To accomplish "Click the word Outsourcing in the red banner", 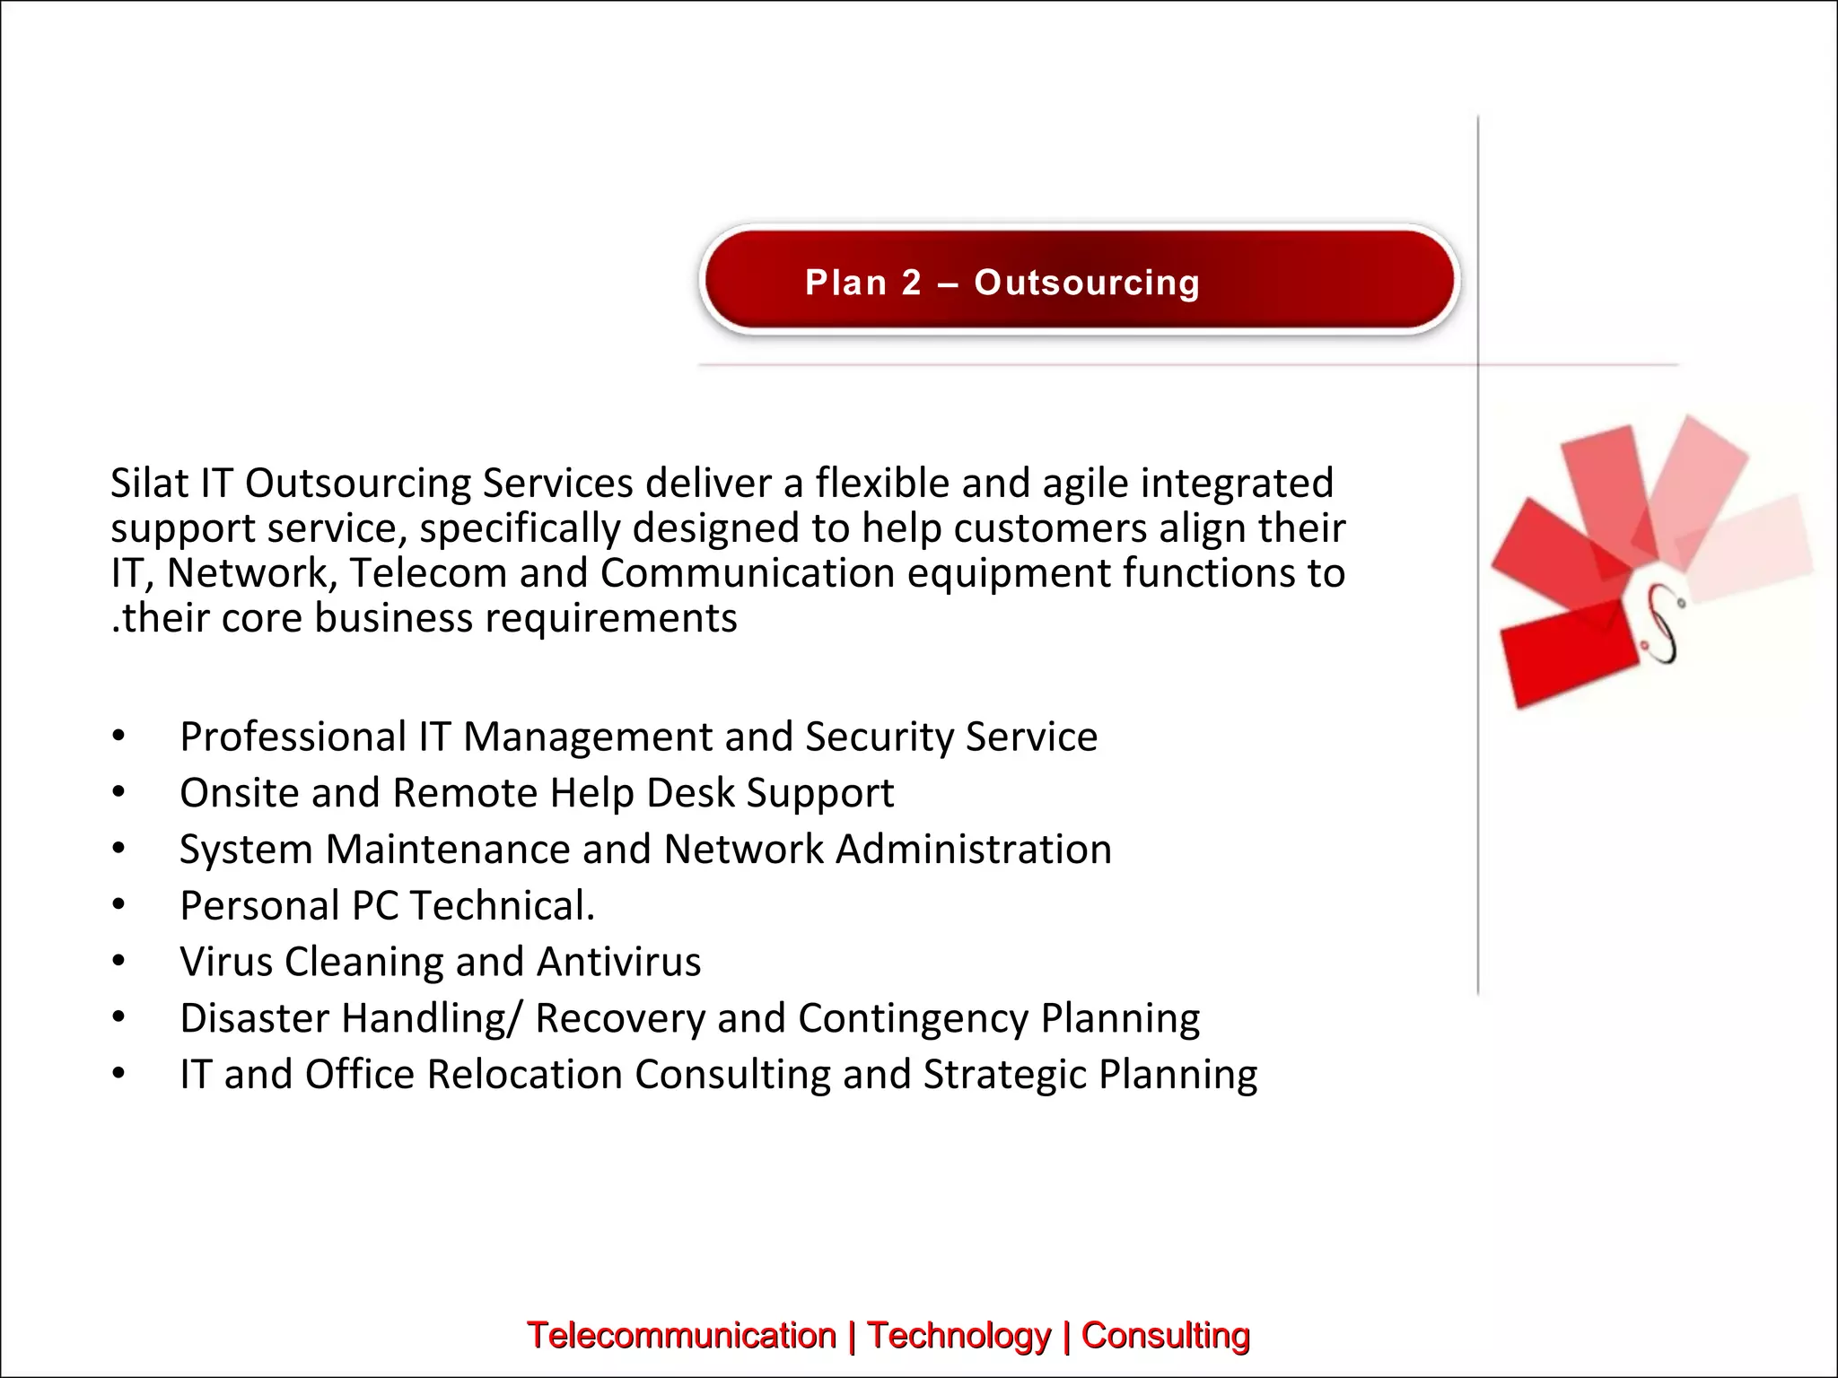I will point(1087,283).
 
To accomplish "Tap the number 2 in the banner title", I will point(911,283).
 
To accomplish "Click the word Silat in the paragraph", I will point(149,483).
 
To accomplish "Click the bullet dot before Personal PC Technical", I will point(118,904).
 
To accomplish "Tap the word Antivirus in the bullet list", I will point(618,962).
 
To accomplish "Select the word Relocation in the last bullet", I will point(524,1075).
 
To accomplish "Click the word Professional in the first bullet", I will point(293,737).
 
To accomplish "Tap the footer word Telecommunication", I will point(681,1335).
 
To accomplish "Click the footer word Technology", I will point(958,1335).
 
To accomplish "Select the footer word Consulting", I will point(1165,1335).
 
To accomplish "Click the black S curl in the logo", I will point(1663,624).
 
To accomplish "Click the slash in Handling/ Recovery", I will point(514,1019).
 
